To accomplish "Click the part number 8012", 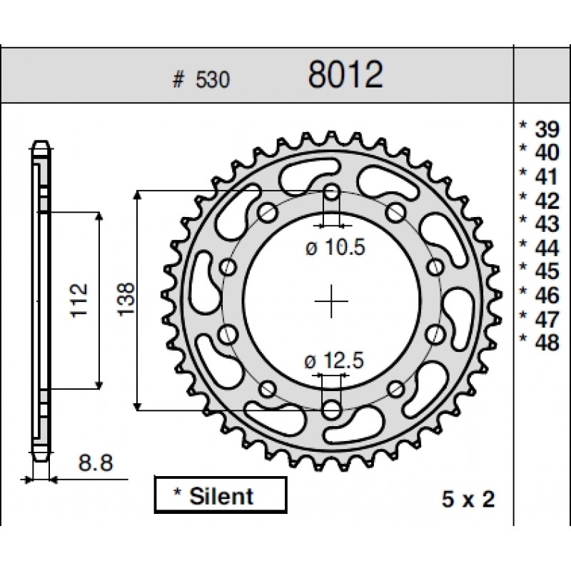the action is point(345,75).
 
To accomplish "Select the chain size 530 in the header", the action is point(213,80).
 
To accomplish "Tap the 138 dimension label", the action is point(126,298).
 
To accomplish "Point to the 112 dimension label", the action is point(79,300).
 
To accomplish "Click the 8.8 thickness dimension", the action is point(96,463).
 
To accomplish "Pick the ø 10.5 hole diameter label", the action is point(335,248).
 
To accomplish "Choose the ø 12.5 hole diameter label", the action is point(334,361).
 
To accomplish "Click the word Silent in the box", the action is point(221,496).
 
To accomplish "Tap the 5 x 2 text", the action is point(468,499).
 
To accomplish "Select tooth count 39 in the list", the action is point(547,129).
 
